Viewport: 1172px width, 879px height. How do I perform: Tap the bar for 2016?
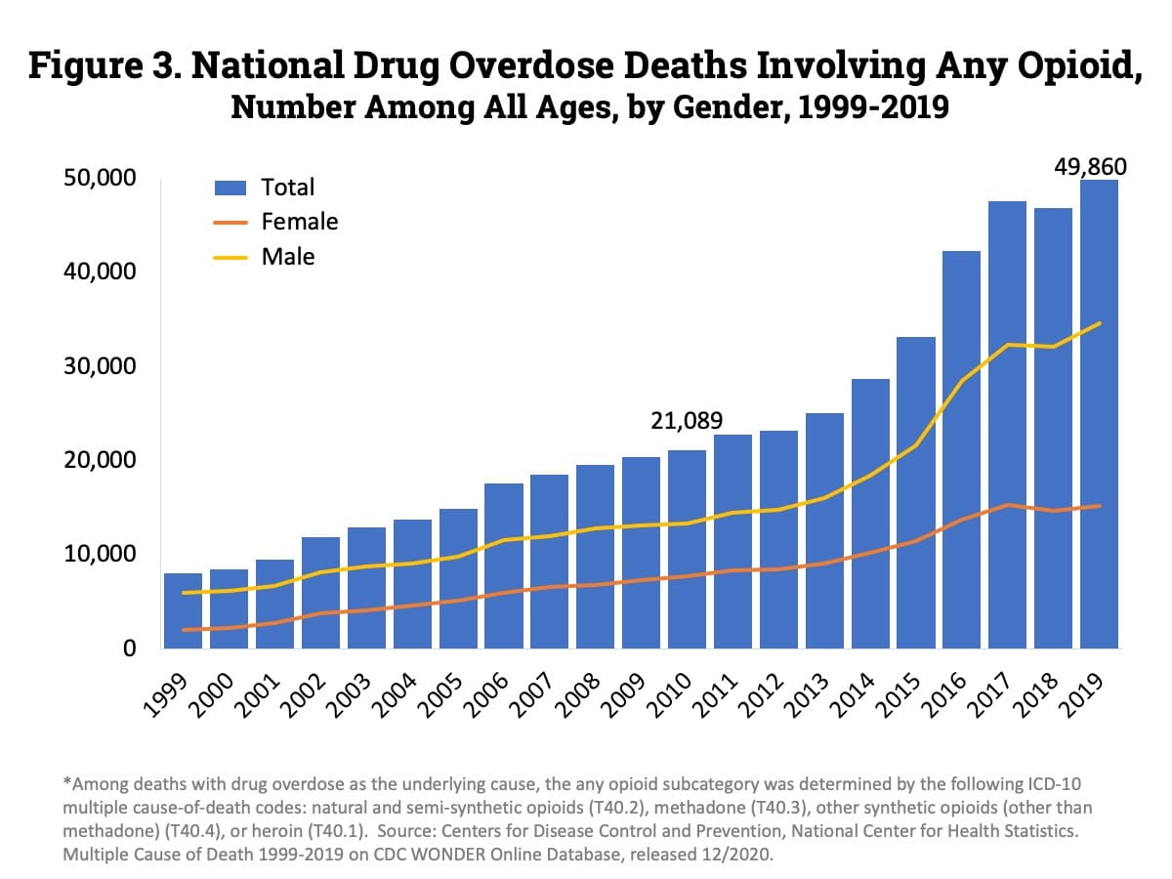(x=962, y=449)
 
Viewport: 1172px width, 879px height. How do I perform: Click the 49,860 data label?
(x=1090, y=167)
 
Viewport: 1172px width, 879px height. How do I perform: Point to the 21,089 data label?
(x=687, y=421)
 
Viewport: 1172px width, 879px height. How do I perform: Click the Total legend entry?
(x=288, y=188)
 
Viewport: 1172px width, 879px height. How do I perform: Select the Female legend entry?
(x=299, y=222)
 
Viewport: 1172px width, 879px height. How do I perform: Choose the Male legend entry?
(x=288, y=257)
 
